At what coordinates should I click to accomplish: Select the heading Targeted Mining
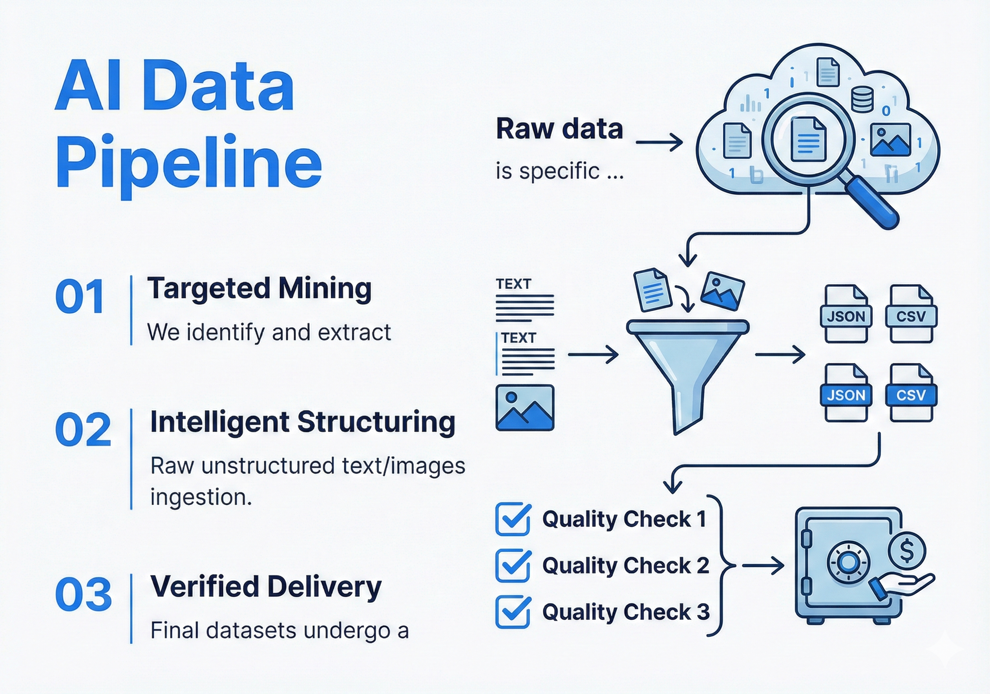(259, 288)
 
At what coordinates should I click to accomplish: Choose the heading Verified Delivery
(266, 587)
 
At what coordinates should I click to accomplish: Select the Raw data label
(559, 129)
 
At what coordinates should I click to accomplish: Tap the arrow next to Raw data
(659, 142)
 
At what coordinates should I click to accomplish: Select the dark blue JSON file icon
(845, 393)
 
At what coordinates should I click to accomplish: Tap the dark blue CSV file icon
(911, 393)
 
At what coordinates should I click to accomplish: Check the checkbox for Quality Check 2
(513, 565)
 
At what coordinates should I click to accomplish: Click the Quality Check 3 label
(626, 612)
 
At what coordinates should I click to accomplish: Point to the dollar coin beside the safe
(907, 551)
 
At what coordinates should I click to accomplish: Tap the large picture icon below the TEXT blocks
(525, 408)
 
